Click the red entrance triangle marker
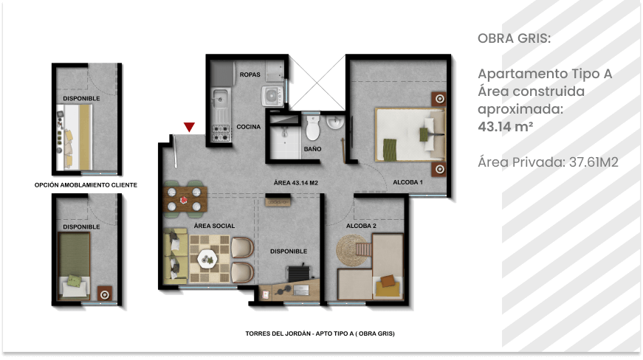pyautogui.click(x=189, y=127)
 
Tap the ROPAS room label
pyautogui.click(x=250, y=75)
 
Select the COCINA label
pyautogui.click(x=249, y=127)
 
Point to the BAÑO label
pyautogui.click(x=312, y=149)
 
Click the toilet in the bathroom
pyautogui.click(x=313, y=128)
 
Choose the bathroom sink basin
pyautogui.click(x=335, y=122)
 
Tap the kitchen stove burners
pyautogui.click(x=221, y=133)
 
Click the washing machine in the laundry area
pyautogui.click(x=272, y=96)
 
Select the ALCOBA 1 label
pyautogui.click(x=408, y=181)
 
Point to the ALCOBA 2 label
pyautogui.click(x=361, y=226)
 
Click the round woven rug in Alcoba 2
pyautogui.click(x=352, y=250)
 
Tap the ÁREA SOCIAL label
pyautogui.click(x=214, y=226)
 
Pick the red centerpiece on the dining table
pyautogui.click(x=184, y=200)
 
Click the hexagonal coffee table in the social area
pyautogui.click(x=207, y=258)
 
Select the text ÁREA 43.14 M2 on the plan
pyautogui.click(x=296, y=183)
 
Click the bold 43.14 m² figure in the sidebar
pyautogui.click(x=505, y=127)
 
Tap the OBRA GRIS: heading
pyautogui.click(x=515, y=38)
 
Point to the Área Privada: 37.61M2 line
pyautogui.click(x=548, y=162)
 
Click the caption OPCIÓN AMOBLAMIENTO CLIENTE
pyautogui.click(x=86, y=184)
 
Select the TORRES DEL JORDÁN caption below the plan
pyautogui.click(x=320, y=333)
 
